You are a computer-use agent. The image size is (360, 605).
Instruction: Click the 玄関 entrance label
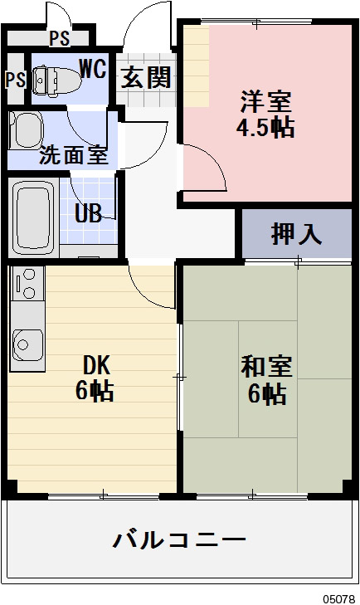click(x=147, y=77)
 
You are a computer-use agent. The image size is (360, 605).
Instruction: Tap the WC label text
click(x=93, y=69)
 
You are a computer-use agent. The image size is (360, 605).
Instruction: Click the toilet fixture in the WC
click(x=56, y=77)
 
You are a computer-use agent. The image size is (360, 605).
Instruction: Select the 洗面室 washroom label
click(x=74, y=154)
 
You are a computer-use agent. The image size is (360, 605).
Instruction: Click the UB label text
click(x=88, y=212)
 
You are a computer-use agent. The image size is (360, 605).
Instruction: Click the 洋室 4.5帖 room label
click(x=266, y=115)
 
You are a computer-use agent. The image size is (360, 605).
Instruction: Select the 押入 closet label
click(x=295, y=235)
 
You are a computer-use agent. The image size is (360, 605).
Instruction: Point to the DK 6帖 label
click(x=95, y=378)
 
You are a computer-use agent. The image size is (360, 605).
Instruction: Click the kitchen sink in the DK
click(x=28, y=343)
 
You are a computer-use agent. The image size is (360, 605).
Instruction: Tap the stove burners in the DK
click(x=27, y=285)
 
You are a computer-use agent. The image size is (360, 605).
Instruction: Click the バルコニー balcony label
click(x=179, y=540)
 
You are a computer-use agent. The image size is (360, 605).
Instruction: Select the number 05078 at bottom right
click(x=340, y=597)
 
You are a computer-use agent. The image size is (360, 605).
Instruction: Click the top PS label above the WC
click(x=59, y=37)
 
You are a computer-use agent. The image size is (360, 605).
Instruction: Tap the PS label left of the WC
click(x=14, y=80)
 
